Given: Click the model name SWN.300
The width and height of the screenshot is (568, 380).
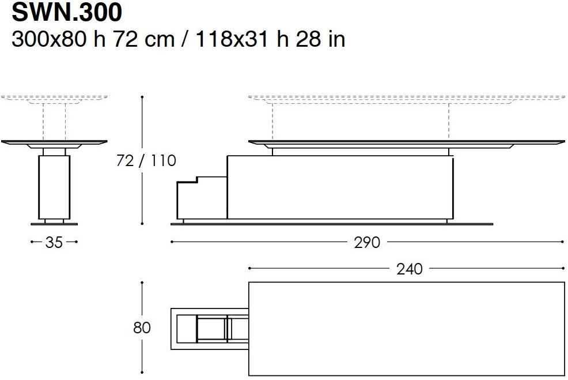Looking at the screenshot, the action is (67, 13).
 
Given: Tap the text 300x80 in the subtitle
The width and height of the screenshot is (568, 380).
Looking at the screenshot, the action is (50, 39).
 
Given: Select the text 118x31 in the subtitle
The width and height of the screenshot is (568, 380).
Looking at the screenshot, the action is (232, 39).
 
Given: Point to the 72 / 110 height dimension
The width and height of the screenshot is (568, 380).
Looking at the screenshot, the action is (146, 160).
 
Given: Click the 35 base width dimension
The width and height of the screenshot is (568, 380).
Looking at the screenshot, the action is (54, 242).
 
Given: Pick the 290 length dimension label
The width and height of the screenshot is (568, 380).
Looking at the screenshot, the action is (367, 242).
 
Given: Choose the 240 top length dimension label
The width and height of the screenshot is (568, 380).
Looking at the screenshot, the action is (410, 269).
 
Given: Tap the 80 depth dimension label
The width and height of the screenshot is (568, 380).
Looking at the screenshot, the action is (142, 328).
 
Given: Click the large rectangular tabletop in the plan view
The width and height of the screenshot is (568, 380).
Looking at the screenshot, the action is (407, 329).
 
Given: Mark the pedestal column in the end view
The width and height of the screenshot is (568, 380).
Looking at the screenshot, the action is (54, 187).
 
